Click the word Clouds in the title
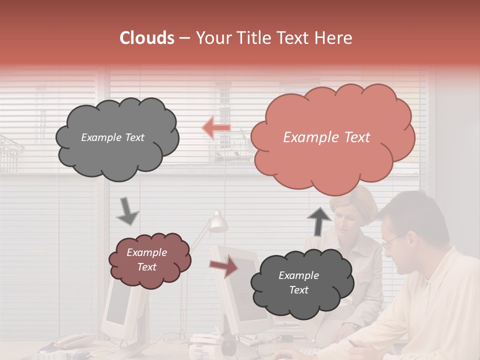pyautogui.click(x=147, y=38)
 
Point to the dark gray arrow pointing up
pyautogui.click(x=319, y=221)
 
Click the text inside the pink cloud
pyautogui.click(x=326, y=137)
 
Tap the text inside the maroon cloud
pyautogui.click(x=147, y=260)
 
